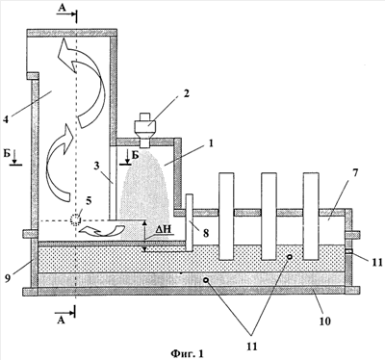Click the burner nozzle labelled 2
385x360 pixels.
coord(146,129)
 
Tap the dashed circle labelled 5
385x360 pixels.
coord(75,219)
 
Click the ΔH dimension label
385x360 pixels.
coord(165,230)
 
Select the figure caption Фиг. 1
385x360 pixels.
coord(188,353)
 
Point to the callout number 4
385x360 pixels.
coord(5,119)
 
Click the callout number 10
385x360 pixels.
coord(324,321)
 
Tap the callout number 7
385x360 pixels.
coord(355,173)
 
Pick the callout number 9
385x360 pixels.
coord(7,278)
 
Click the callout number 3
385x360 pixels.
coord(96,166)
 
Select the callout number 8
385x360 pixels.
coord(205,233)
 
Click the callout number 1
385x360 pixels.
coord(210,142)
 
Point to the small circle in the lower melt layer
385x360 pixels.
coord(206,280)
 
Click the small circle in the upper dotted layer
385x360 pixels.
coord(290,257)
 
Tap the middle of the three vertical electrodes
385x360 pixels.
coord(269,216)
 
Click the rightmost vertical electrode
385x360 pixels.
coord(311,216)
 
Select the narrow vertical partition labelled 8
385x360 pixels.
coord(189,222)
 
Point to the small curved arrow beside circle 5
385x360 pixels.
coord(103,230)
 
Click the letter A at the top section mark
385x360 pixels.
coord(62,9)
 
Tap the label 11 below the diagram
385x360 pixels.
coord(252,347)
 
